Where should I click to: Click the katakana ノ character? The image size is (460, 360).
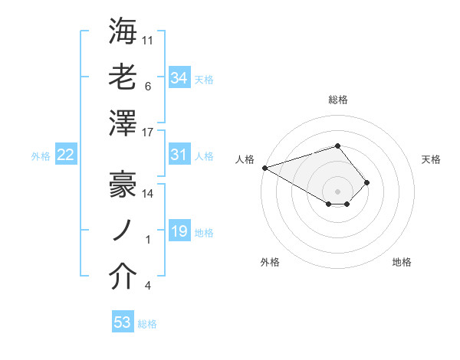[x=123, y=229]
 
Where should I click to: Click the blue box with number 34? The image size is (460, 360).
[x=179, y=77]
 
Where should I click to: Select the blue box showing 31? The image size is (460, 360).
[x=179, y=155]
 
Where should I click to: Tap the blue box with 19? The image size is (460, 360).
[x=179, y=231]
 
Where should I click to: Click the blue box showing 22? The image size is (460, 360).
[x=65, y=155]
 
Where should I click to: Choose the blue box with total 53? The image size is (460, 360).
[x=122, y=322]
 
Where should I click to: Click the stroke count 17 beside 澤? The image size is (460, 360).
[x=148, y=132]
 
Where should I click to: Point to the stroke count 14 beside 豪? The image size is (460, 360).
[x=148, y=193]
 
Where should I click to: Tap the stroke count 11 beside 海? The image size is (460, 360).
[x=148, y=39]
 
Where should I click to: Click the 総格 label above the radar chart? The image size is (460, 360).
[x=337, y=100]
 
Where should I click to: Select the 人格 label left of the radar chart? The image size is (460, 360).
[x=245, y=159]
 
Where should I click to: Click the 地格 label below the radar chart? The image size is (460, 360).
[x=402, y=262]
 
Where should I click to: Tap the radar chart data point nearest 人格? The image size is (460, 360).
[x=264, y=168]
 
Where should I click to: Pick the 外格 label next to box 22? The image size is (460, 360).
[x=41, y=156]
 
